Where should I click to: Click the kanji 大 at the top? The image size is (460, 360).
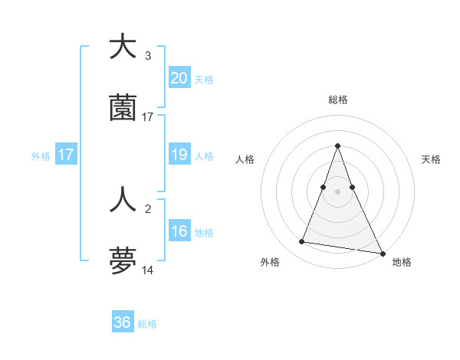(x=123, y=47)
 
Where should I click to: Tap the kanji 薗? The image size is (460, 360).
(x=123, y=109)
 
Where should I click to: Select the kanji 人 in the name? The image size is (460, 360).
(x=123, y=199)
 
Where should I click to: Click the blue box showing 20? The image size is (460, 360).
(x=179, y=78)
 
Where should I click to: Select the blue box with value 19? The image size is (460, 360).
(x=179, y=155)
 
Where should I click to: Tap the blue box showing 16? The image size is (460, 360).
(x=179, y=232)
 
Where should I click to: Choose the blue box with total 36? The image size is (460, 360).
(x=123, y=322)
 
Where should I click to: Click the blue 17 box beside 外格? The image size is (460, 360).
(x=66, y=155)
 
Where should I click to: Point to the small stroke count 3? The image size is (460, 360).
(x=148, y=56)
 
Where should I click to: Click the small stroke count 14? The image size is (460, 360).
(x=148, y=271)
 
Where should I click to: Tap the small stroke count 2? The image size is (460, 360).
(x=147, y=208)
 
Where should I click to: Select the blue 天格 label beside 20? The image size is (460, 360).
(x=204, y=79)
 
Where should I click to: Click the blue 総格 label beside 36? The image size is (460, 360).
(x=147, y=324)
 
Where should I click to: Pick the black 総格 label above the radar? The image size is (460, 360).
(x=337, y=100)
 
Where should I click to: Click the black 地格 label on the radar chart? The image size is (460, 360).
(x=402, y=262)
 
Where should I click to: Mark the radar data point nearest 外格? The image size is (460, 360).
(x=302, y=242)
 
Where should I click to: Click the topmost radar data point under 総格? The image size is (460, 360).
(x=337, y=146)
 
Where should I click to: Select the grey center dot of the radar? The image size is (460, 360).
(x=337, y=191)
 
